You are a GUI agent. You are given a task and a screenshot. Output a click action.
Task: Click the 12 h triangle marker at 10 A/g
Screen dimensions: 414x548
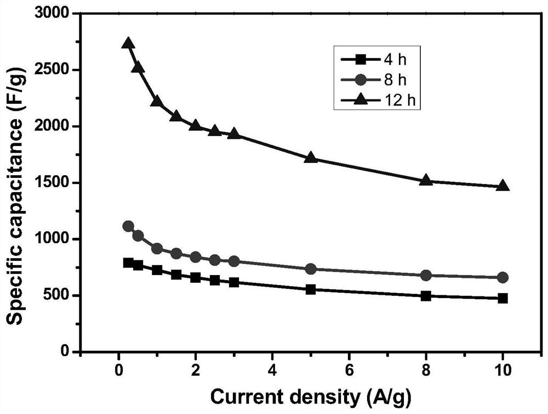tap(503, 186)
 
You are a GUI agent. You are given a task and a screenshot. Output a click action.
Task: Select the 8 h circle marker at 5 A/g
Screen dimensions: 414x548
tap(311, 269)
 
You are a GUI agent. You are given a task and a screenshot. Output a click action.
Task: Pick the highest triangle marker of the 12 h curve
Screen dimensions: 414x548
tap(128, 43)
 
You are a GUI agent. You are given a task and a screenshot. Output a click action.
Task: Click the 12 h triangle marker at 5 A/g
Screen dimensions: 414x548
tap(311, 158)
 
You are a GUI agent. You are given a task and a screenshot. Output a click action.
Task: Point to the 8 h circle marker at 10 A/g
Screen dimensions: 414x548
tap(503, 277)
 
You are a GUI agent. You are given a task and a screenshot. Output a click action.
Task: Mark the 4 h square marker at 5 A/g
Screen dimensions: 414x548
tap(311, 289)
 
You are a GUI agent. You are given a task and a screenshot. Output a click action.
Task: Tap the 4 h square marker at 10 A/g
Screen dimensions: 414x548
tap(503, 298)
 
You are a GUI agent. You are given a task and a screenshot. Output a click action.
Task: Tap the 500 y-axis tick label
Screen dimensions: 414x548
tap(62, 295)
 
